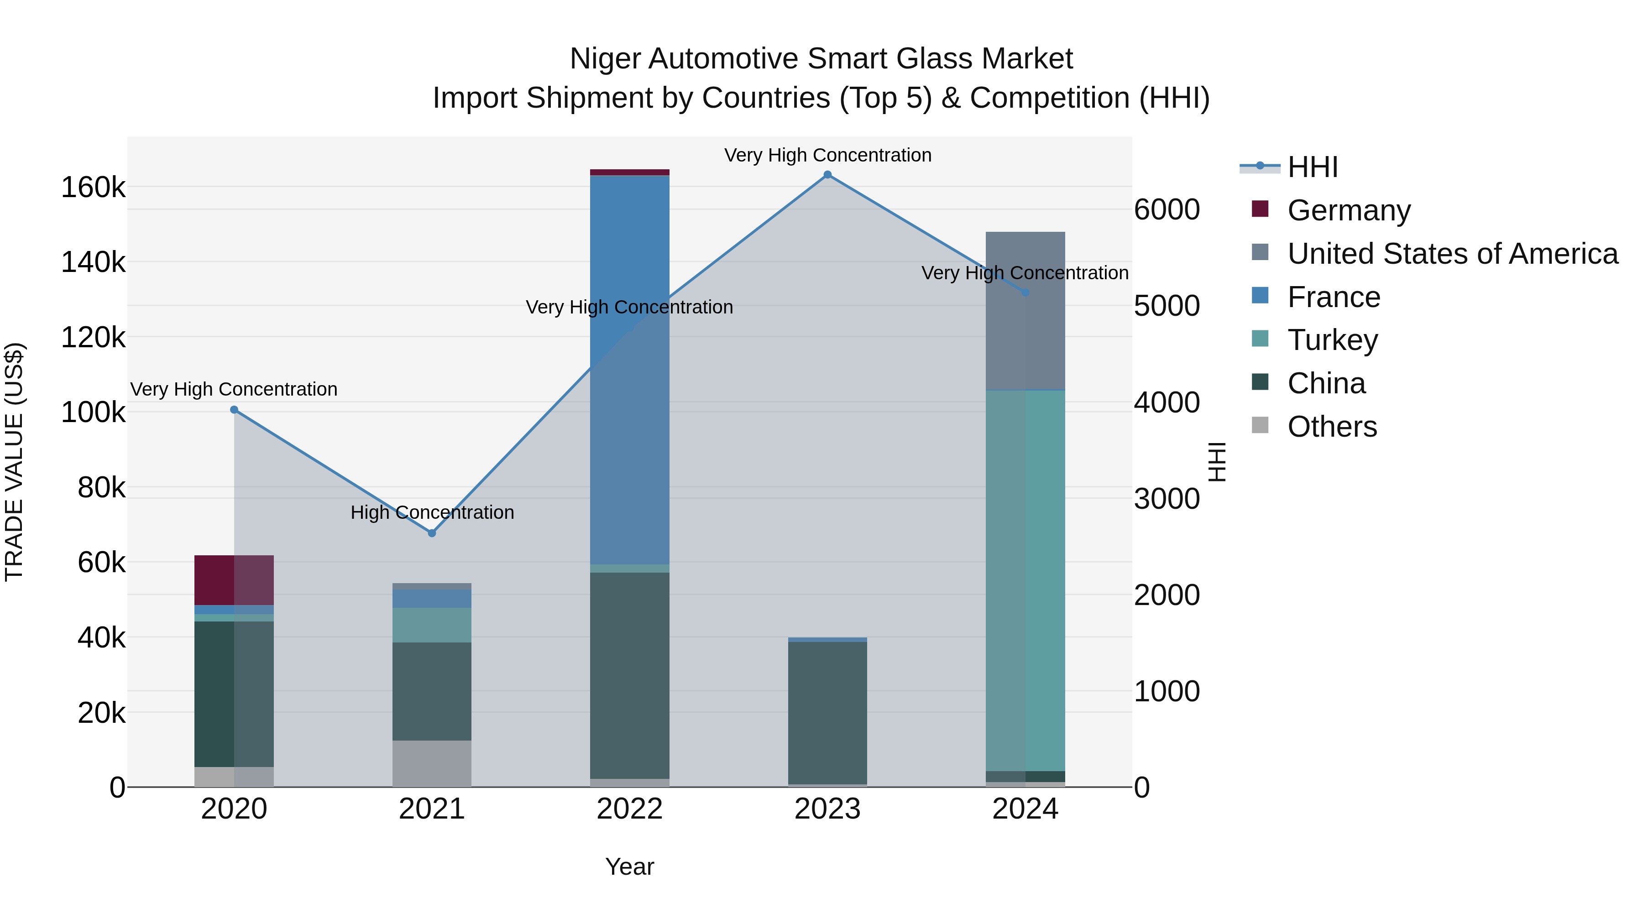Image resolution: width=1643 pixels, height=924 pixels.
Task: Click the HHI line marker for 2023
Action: [x=827, y=175]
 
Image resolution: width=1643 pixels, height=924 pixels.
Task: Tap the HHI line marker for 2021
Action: [x=432, y=533]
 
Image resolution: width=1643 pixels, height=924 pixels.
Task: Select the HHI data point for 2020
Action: [x=234, y=410]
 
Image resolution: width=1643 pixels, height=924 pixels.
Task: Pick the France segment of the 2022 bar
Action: [x=629, y=370]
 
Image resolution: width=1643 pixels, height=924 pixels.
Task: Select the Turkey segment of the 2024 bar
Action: [x=1025, y=580]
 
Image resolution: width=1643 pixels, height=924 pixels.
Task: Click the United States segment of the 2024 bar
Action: [x=1025, y=311]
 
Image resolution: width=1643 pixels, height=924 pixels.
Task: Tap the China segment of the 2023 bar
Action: [x=827, y=712]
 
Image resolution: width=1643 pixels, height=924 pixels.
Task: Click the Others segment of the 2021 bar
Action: [x=432, y=763]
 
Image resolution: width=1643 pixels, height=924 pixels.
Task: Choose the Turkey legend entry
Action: [x=1332, y=340]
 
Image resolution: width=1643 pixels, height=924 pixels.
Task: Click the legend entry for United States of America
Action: [x=1452, y=254]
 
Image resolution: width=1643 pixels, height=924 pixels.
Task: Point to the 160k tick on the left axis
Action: [x=93, y=188]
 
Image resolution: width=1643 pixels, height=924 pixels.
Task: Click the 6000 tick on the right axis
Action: [x=1167, y=210]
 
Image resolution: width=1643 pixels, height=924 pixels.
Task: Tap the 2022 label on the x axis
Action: [x=629, y=809]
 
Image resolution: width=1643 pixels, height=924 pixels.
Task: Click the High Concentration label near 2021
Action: [x=432, y=513]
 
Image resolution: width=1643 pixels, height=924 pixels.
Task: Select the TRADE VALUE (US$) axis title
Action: [x=14, y=462]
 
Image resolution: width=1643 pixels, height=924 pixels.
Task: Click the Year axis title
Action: [x=629, y=867]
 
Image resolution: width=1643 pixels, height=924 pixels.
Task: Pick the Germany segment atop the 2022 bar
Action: [x=629, y=172]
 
